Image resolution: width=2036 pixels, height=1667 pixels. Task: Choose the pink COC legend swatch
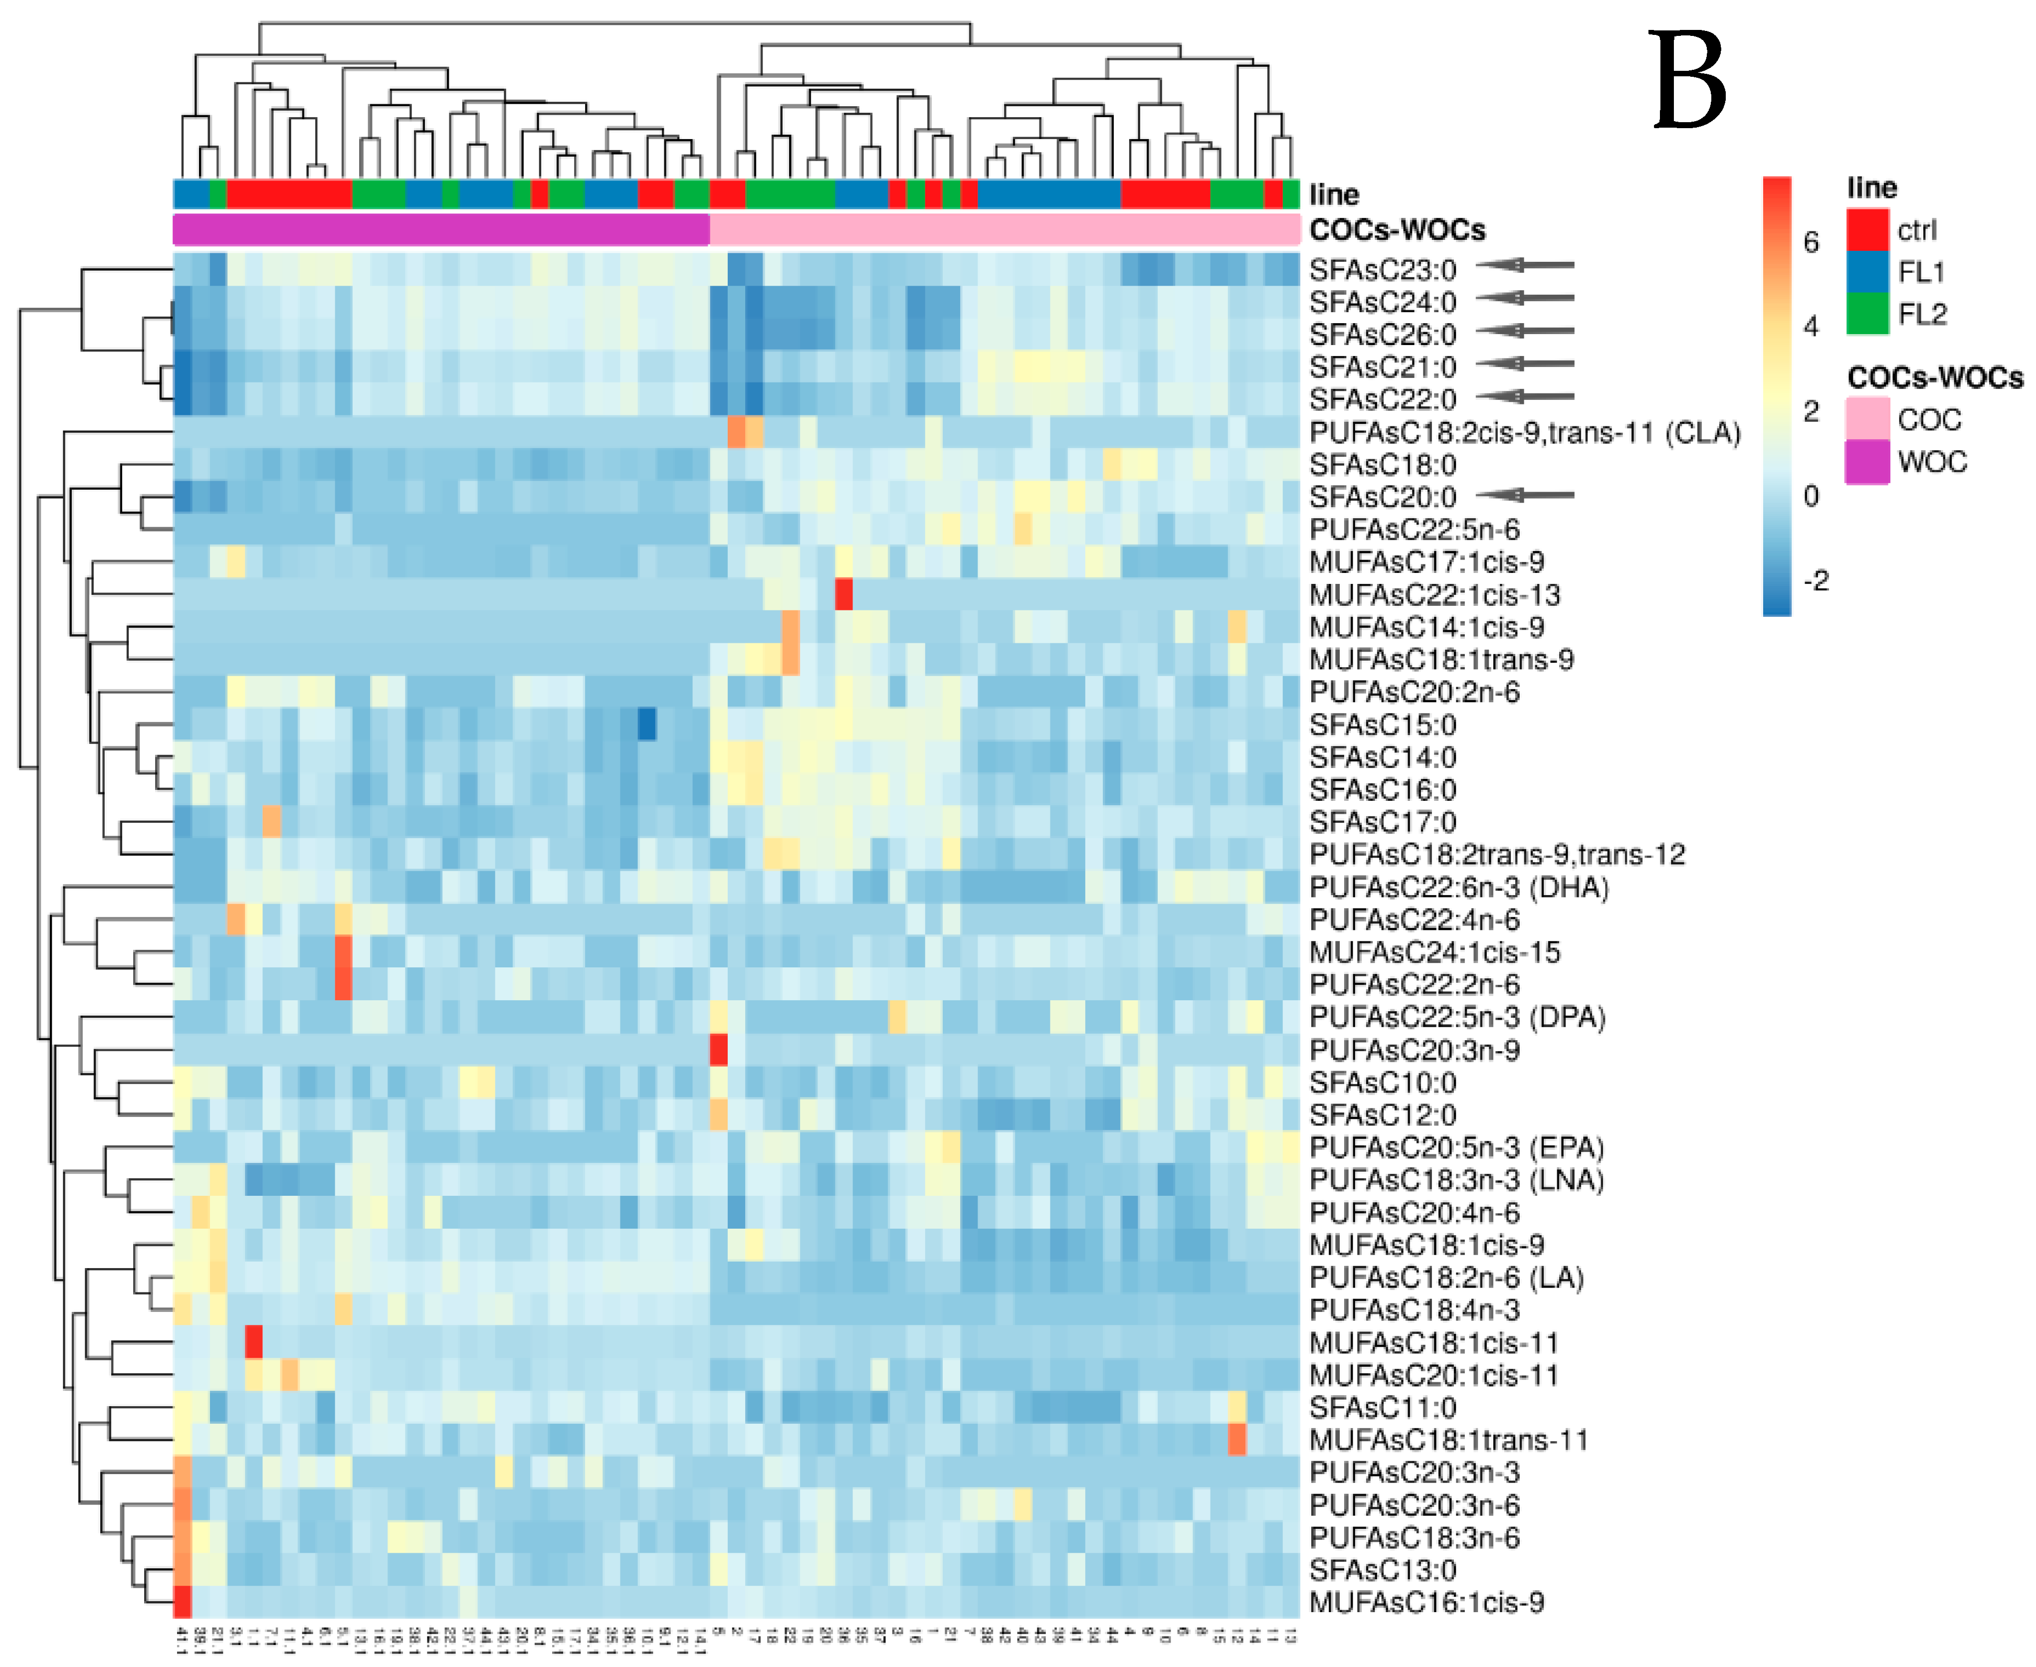(x=1866, y=420)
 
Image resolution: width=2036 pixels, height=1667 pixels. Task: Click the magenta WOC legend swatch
(x=1866, y=462)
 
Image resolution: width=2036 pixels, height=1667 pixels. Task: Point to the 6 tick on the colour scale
(x=1811, y=242)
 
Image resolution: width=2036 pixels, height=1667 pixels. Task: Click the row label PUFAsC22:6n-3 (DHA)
(x=1458, y=887)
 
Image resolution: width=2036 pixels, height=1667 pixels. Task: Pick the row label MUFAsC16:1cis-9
(x=1426, y=1603)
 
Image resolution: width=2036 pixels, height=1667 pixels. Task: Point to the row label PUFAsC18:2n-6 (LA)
(x=1445, y=1278)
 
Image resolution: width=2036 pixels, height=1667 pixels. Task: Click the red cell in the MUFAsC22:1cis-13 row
(x=843, y=594)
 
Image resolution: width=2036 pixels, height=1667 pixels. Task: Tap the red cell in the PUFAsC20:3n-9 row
(x=717, y=1050)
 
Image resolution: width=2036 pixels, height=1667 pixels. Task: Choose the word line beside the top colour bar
(x=1334, y=195)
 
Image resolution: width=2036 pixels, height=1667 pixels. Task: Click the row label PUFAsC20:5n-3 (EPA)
(x=1456, y=1147)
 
